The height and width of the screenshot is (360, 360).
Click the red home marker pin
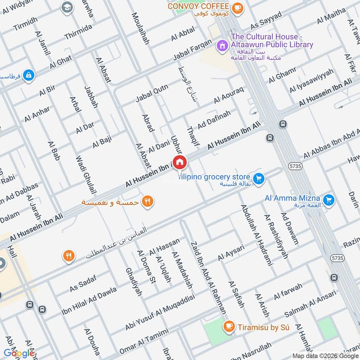180,162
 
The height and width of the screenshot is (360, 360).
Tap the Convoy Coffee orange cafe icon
237,7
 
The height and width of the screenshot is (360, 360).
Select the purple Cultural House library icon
222,45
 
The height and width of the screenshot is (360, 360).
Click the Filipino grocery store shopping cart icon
258,179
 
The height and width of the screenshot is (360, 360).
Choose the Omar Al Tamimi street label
144,342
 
